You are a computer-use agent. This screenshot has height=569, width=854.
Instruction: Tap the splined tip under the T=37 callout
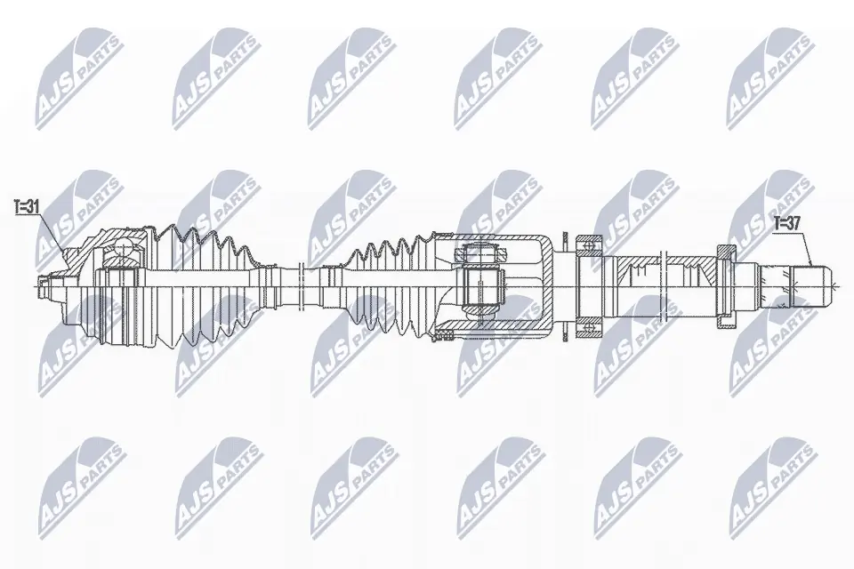[x=815, y=285]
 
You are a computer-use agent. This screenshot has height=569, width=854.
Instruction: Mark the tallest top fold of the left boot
[x=191, y=233]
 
